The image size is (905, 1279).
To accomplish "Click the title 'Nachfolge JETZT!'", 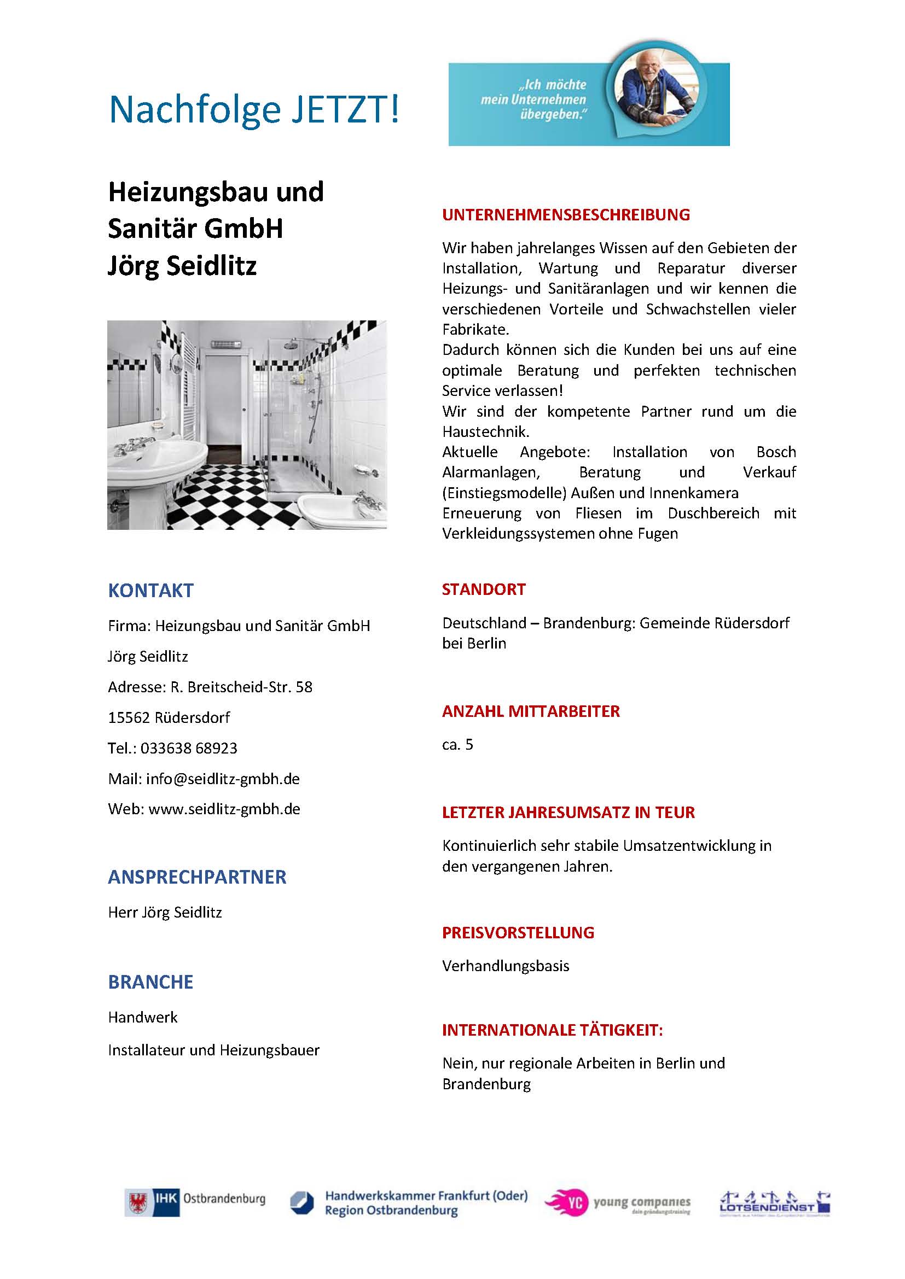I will point(253,109).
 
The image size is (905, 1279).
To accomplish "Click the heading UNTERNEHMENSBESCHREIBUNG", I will point(566,215).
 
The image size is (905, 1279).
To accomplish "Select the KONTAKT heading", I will point(150,591).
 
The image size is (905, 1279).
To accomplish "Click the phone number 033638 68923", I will point(188,748).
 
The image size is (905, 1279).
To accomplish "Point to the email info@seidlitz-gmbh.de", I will point(222,779).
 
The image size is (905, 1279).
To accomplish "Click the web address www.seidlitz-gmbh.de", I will point(224,809).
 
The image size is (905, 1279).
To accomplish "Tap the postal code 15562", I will point(129,717).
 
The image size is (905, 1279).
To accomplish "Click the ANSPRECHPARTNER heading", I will point(197,877).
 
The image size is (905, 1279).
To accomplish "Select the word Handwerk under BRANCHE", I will point(143,1018).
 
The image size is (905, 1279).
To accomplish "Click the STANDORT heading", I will point(483,589).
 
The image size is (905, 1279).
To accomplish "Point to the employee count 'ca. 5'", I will point(457,745).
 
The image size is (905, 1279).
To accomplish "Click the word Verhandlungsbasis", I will point(506,966).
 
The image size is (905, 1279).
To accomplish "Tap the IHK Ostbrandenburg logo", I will point(194,1203).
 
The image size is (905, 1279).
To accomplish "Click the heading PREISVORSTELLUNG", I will point(518,933).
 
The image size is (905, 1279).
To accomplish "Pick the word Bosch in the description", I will point(776,452).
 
